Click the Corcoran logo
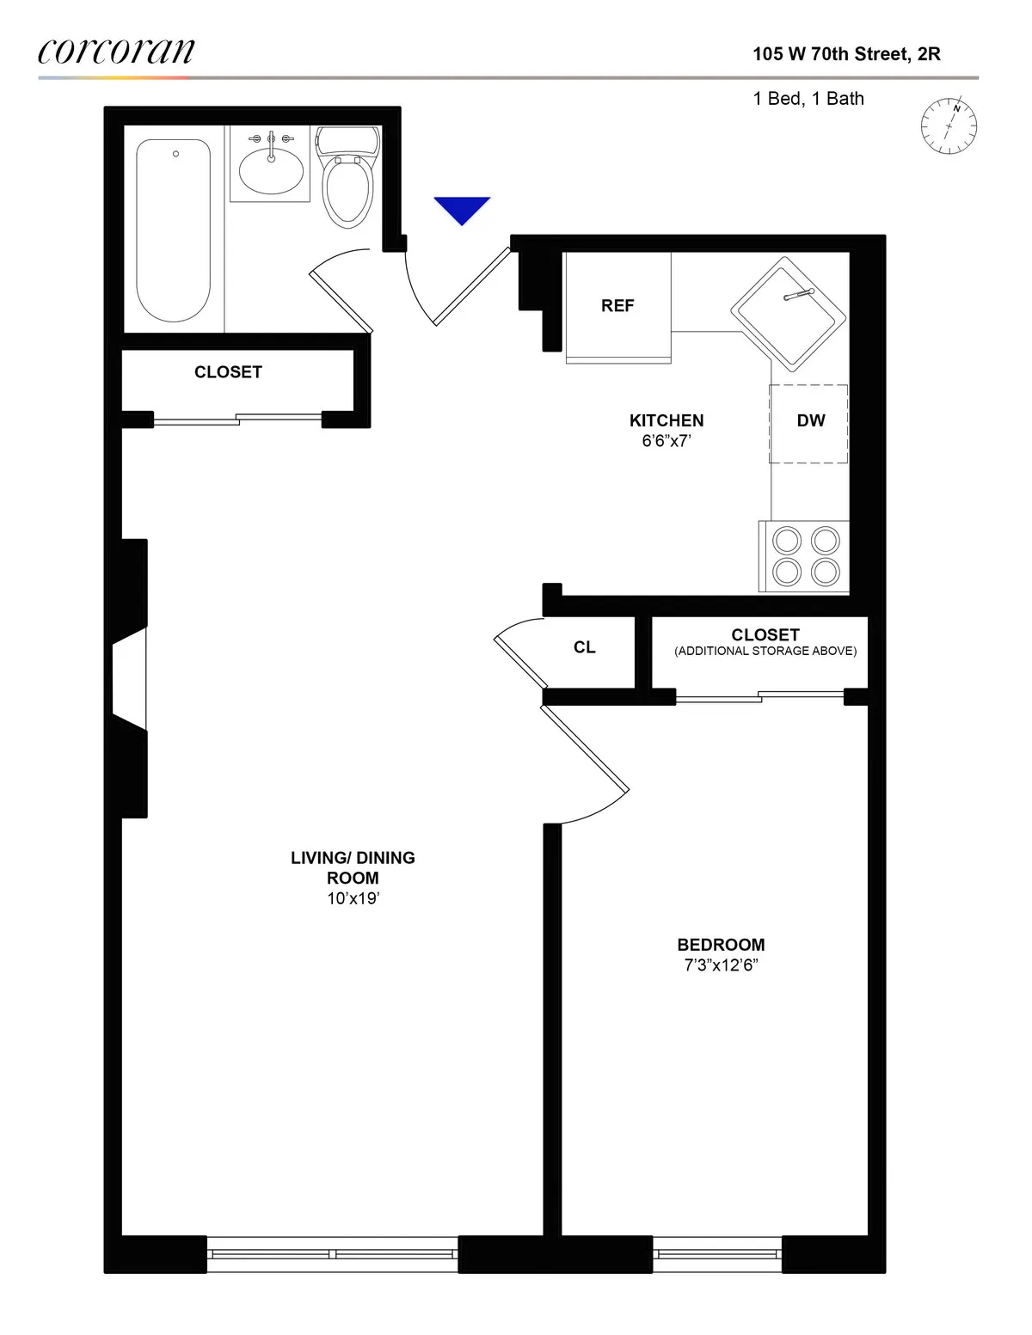(x=116, y=52)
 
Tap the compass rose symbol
(x=949, y=126)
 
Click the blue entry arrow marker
(x=462, y=209)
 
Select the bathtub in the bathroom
(x=174, y=230)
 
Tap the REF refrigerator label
(x=617, y=306)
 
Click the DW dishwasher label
(x=810, y=421)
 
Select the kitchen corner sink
(x=788, y=313)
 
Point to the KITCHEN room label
(x=666, y=420)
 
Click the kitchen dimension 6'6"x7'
(x=666, y=441)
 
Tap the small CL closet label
(x=585, y=647)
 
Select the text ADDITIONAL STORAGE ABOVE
(x=765, y=652)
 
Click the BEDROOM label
(x=721, y=945)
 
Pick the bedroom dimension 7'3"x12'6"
(x=721, y=965)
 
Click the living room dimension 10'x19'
(x=353, y=898)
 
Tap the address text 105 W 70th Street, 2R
(x=846, y=54)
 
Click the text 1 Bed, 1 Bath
(x=808, y=99)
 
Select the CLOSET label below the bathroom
(x=228, y=372)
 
